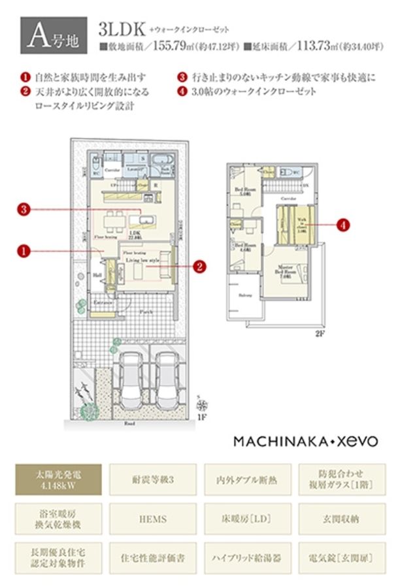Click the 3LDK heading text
[x=121, y=31]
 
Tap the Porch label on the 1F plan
[x=148, y=312]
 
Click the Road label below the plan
[x=130, y=423]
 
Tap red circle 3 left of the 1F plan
[x=24, y=210]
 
